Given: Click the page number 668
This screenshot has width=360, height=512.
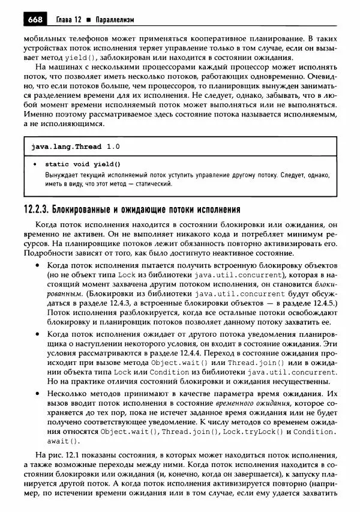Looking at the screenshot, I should pos(35,20).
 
